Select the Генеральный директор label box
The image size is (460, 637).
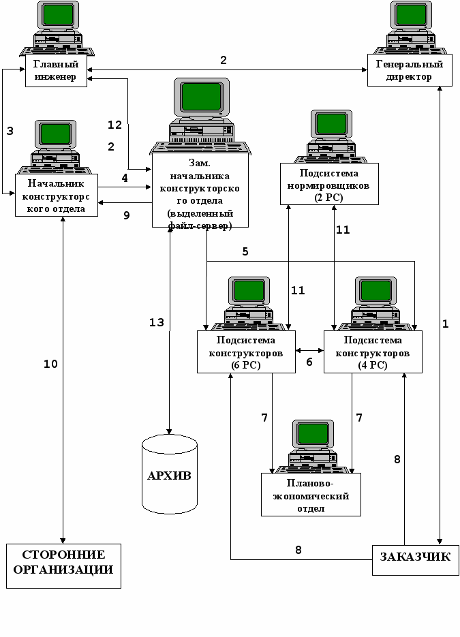point(409,71)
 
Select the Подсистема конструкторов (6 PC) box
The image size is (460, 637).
point(245,352)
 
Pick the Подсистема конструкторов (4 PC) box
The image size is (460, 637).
point(374,352)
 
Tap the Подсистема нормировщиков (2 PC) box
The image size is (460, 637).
point(328,185)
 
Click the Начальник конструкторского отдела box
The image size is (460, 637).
point(56,196)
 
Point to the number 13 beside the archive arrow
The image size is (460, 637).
point(157,322)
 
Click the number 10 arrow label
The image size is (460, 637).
point(51,364)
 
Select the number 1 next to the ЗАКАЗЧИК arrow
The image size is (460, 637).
point(445,324)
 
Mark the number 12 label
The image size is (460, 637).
point(115,125)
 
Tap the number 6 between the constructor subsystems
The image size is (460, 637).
point(309,362)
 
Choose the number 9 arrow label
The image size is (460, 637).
point(126,215)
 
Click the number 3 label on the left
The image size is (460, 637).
point(10,131)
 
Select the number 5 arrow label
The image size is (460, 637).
point(245,251)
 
